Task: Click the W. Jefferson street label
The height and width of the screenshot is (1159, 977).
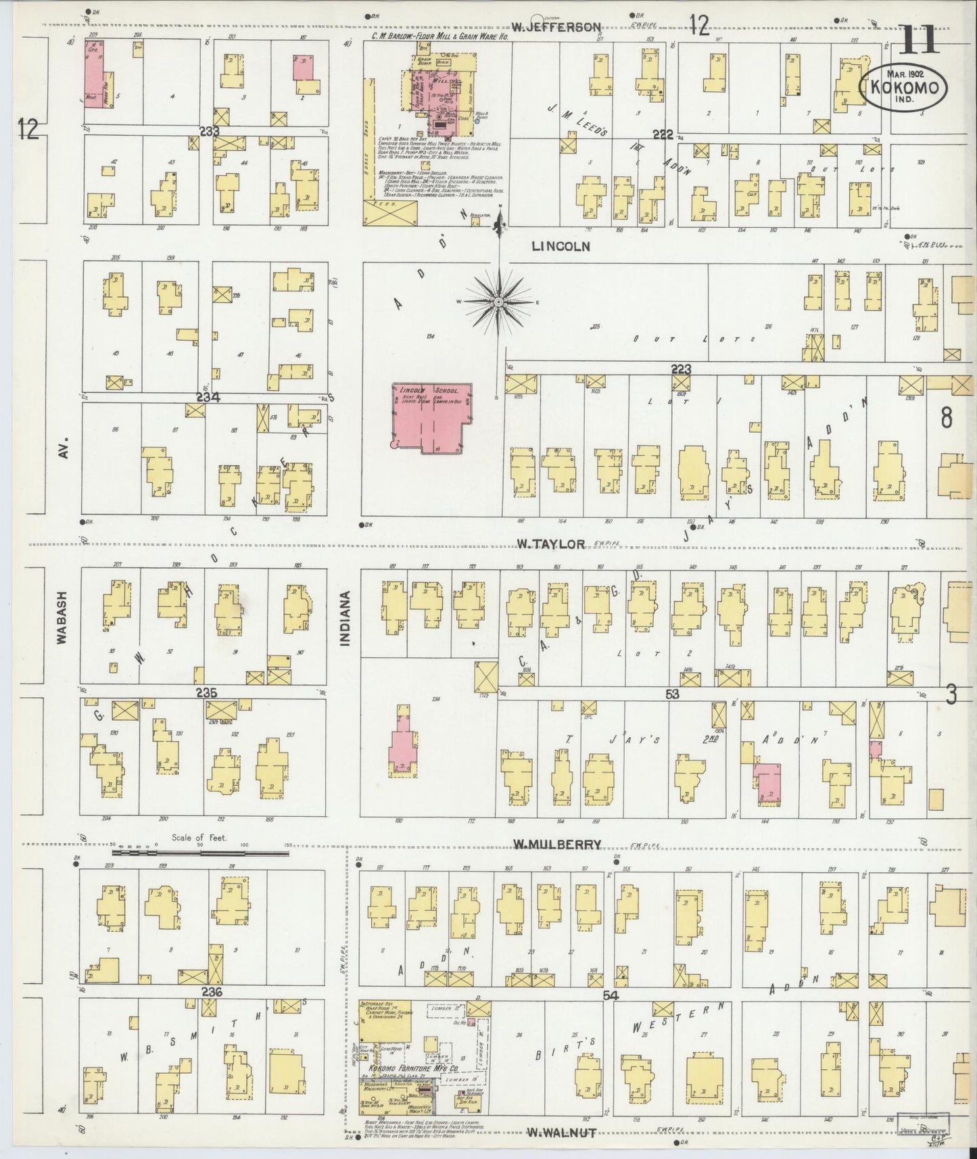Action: click(x=556, y=27)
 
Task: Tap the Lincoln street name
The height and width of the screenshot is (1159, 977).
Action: click(x=561, y=247)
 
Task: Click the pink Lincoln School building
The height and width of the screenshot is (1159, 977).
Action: click(x=431, y=418)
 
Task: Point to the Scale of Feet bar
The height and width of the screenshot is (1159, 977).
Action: click(x=200, y=853)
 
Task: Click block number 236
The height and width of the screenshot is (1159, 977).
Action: click(x=211, y=991)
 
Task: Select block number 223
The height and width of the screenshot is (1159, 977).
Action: click(x=681, y=369)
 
